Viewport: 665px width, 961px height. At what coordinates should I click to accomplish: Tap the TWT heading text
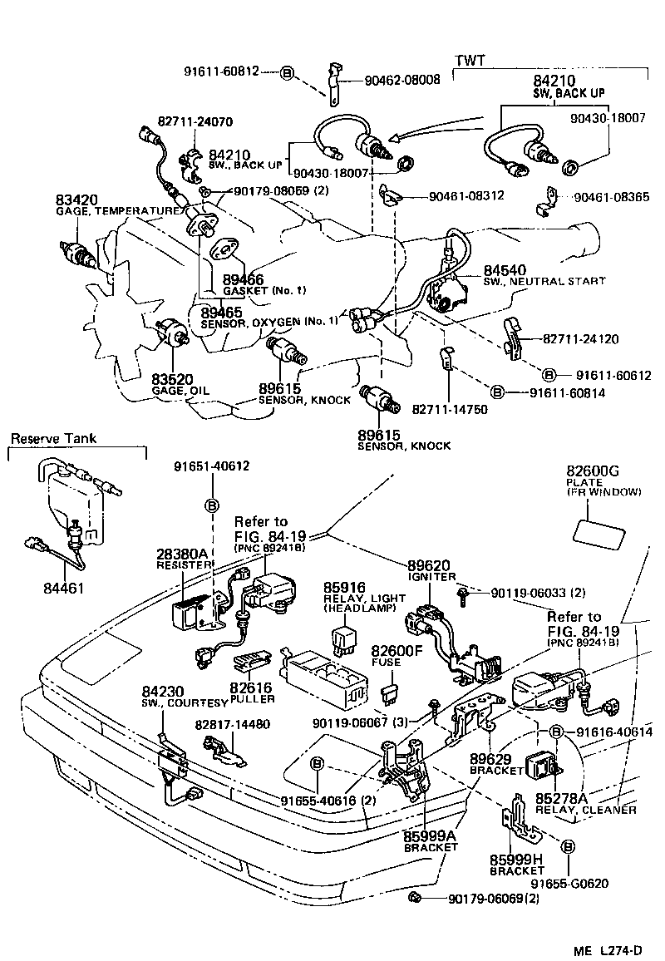(x=470, y=62)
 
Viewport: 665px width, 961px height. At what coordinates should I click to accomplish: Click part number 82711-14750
(x=452, y=409)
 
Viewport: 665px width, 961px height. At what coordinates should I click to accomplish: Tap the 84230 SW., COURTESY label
(x=175, y=696)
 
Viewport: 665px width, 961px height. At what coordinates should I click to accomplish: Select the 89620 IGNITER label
(x=431, y=569)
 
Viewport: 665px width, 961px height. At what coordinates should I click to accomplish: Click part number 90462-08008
(x=402, y=81)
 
